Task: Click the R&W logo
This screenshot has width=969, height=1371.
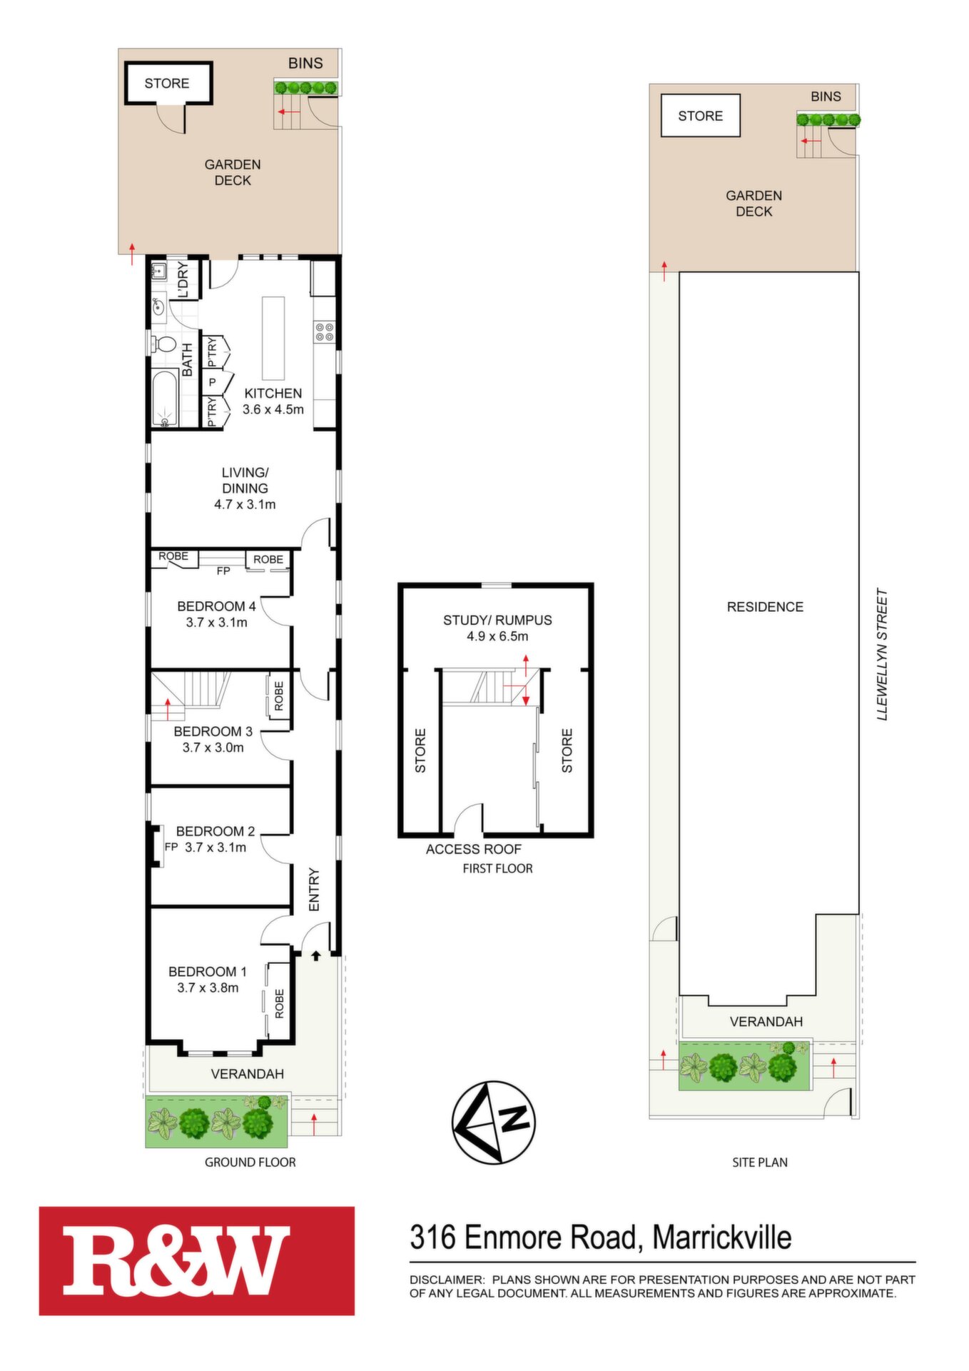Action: pos(197,1260)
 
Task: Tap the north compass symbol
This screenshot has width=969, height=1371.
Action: pos(493,1122)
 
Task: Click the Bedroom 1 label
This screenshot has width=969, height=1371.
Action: pos(208,972)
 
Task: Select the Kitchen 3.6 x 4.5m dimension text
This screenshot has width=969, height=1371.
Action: pos(273,410)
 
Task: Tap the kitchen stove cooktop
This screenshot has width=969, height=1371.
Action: pos(325,332)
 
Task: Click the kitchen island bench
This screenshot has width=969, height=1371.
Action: pos(273,338)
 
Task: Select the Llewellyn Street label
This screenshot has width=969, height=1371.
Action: pos(883,654)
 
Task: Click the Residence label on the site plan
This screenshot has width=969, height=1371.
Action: pos(765,607)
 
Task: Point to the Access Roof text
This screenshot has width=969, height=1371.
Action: pos(474,849)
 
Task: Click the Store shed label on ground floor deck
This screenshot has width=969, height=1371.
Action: pos(167,84)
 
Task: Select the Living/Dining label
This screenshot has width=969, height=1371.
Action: pos(245,481)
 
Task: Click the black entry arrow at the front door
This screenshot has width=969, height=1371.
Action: pos(316,955)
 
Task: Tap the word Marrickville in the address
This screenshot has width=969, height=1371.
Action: pos(722,1237)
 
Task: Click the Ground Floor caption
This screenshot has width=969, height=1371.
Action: pos(250,1162)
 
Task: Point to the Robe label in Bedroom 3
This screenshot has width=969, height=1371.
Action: pos(278,695)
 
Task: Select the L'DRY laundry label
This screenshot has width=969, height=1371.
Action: pos(183,280)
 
